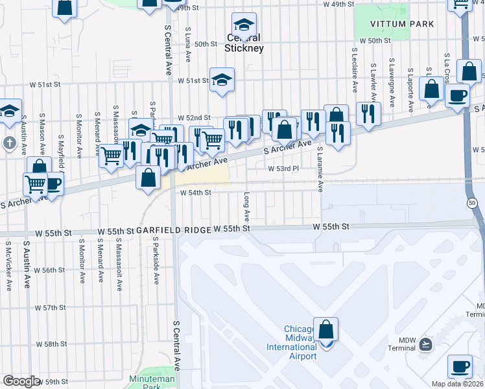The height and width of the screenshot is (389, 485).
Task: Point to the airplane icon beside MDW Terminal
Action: click(x=425, y=343)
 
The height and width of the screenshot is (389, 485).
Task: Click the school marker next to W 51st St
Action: click(x=222, y=80)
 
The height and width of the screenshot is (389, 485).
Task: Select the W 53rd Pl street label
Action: click(x=283, y=168)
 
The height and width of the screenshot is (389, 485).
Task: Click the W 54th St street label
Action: click(x=196, y=193)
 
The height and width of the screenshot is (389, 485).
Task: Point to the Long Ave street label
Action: click(x=247, y=205)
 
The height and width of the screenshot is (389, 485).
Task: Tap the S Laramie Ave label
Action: click(x=320, y=169)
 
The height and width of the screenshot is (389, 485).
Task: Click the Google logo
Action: click(x=22, y=381)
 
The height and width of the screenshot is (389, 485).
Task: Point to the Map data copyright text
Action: click(x=457, y=384)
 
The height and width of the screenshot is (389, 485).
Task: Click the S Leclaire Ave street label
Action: click(x=355, y=68)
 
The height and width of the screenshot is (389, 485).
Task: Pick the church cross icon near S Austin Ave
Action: click(x=8, y=142)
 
